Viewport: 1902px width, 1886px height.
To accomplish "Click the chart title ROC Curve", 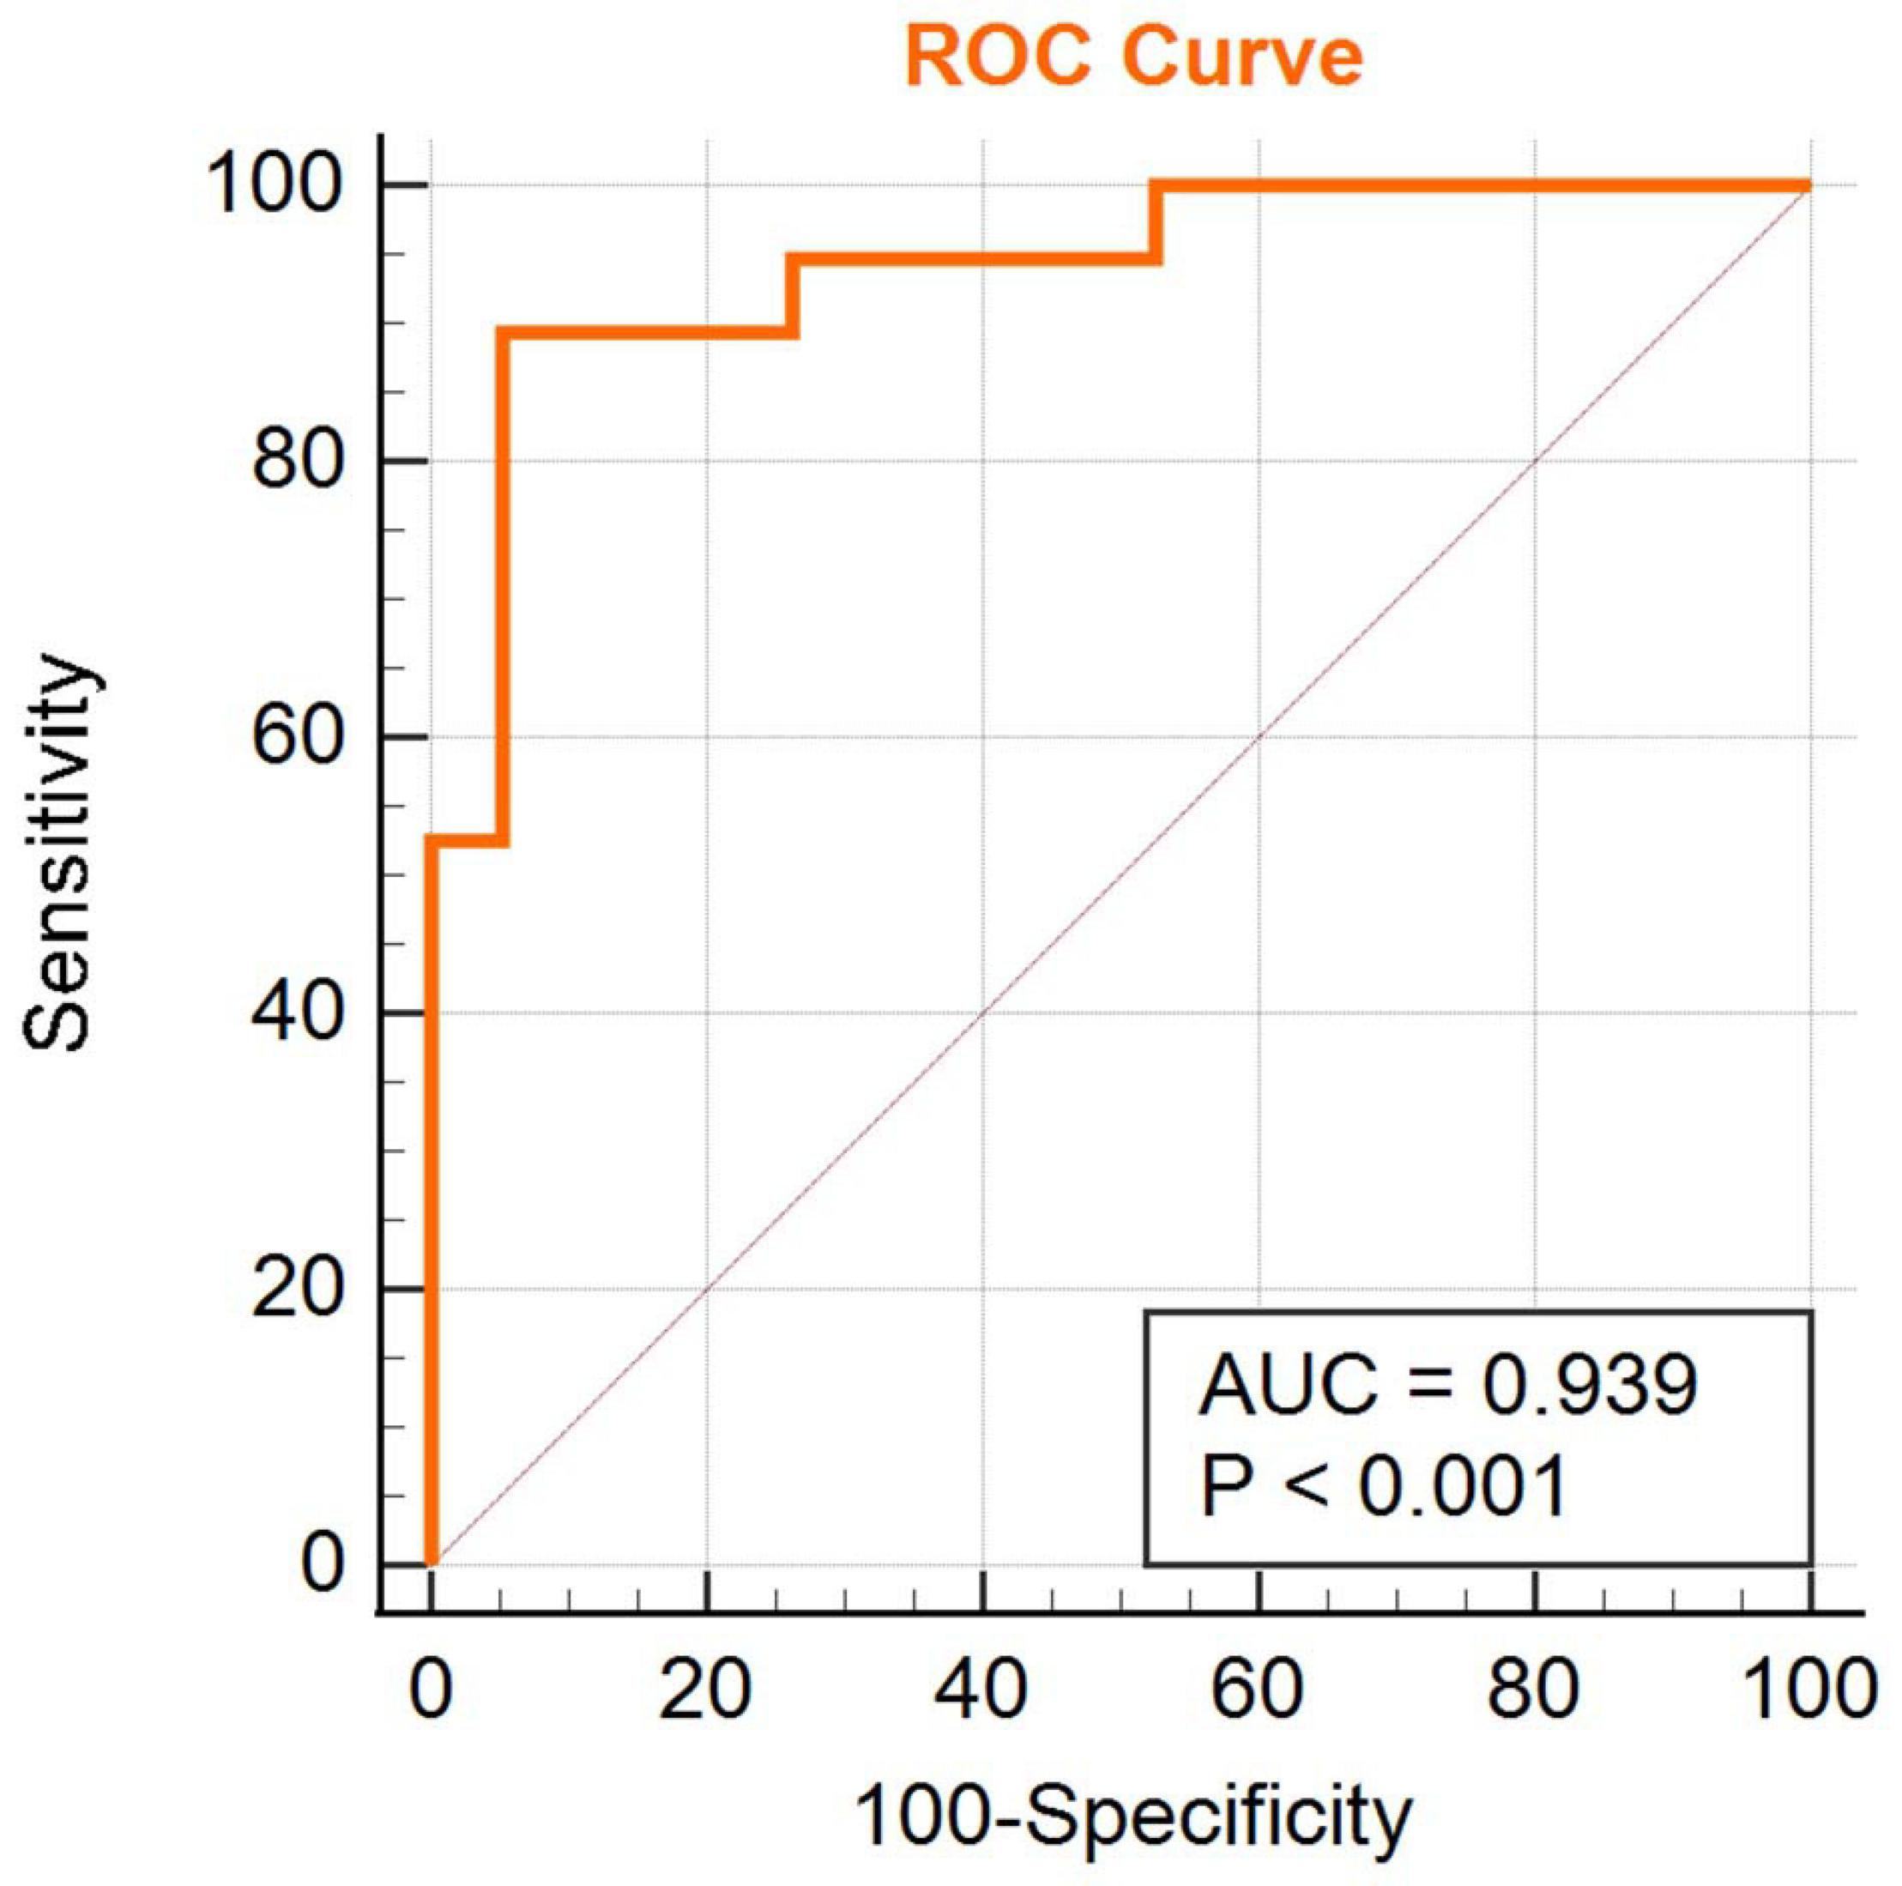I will (x=1133, y=57).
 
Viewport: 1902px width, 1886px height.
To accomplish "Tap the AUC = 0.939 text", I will (x=1447, y=1384).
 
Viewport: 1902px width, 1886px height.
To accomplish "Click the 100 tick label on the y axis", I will (x=274, y=185).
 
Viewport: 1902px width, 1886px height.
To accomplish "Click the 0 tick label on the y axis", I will (x=322, y=1564).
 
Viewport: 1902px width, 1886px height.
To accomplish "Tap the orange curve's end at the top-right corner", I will (x=1808, y=185).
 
